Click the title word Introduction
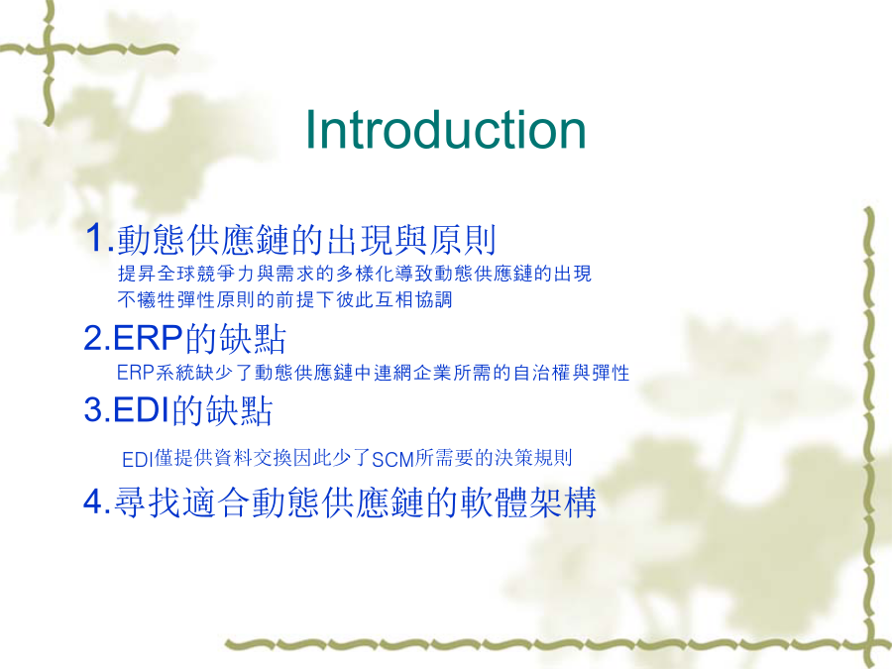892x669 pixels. point(445,130)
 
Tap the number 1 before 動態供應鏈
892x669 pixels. point(94,237)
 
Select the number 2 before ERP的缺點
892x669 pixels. point(93,338)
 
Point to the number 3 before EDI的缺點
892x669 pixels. point(93,409)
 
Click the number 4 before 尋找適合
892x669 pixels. point(93,502)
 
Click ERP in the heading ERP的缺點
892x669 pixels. point(148,338)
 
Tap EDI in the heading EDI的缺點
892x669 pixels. point(142,409)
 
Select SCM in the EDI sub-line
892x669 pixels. point(392,459)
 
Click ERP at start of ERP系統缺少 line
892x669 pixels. point(136,373)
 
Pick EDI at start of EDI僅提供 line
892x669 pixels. point(138,459)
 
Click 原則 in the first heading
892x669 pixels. point(463,240)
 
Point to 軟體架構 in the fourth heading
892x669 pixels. point(528,502)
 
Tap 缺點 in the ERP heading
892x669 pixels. point(252,339)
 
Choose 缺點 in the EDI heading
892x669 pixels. point(239,410)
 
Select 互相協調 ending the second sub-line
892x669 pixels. point(413,299)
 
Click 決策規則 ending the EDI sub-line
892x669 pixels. point(533,457)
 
